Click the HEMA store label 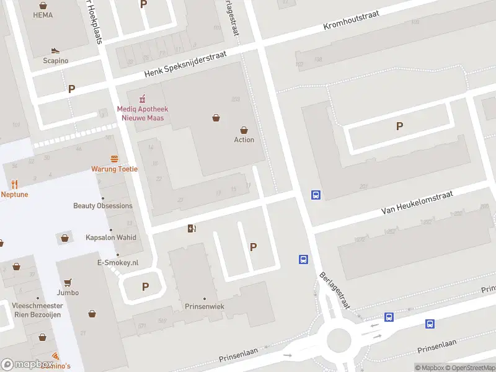point(42,15)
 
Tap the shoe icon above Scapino point(55,51)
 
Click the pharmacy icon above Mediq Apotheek point(142,99)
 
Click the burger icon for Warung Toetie point(114,159)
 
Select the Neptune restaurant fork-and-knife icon point(15,184)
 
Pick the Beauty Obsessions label point(102,206)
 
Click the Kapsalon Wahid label point(110,237)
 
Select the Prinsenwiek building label point(204,307)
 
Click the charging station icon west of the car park point(192,229)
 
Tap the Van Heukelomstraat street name point(417,203)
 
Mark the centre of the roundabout point(339,340)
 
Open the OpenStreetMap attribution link point(471,368)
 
